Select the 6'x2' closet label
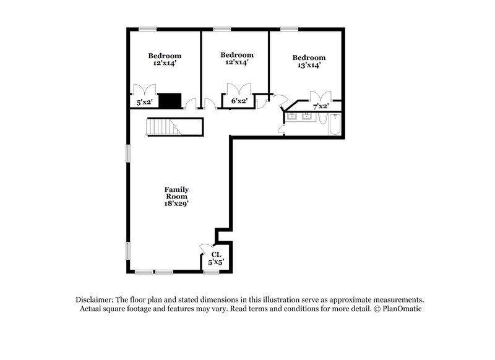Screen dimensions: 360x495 click(x=239, y=101)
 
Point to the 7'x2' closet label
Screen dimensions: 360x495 click(x=321, y=106)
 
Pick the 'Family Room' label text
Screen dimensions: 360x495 click(x=176, y=193)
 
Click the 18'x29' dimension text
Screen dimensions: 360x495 click(x=176, y=204)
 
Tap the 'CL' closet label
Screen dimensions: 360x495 click(x=216, y=254)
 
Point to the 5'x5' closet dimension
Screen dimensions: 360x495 click(x=216, y=263)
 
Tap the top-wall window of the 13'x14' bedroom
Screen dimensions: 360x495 click(x=288, y=28)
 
